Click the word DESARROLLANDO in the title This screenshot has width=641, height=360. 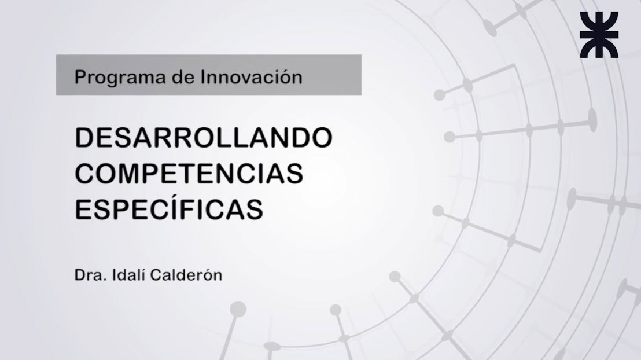click(204, 139)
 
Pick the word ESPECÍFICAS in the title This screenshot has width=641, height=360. click(170, 208)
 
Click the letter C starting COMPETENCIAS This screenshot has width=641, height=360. click(84, 174)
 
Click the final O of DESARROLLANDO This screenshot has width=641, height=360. click(322, 139)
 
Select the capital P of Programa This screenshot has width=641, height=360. click(79, 76)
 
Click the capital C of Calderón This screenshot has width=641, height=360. click(154, 275)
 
